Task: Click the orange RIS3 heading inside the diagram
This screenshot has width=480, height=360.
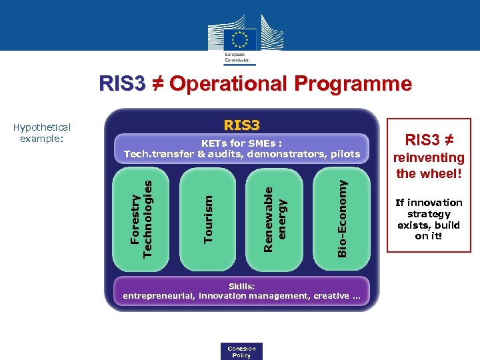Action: (241, 125)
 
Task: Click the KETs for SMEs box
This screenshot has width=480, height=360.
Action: (241, 148)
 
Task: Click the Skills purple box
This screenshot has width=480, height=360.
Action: (241, 291)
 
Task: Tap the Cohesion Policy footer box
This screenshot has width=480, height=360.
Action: (241, 351)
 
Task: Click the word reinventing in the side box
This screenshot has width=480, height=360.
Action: (429, 157)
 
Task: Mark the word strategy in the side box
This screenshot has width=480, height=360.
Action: (429, 214)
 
